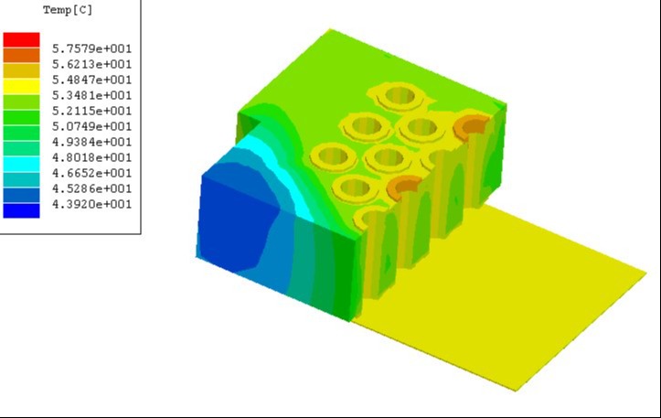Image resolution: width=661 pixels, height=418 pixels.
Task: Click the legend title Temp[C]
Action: [x=68, y=11]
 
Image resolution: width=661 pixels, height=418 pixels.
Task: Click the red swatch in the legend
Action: [x=21, y=39]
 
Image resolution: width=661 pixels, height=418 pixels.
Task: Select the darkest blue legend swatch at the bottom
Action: [x=21, y=210]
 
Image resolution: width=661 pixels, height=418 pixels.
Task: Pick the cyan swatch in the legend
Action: [x=21, y=164]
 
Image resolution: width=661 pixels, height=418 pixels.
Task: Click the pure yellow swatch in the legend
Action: [x=21, y=86]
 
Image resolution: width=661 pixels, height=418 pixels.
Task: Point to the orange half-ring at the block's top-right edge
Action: [x=473, y=129]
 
